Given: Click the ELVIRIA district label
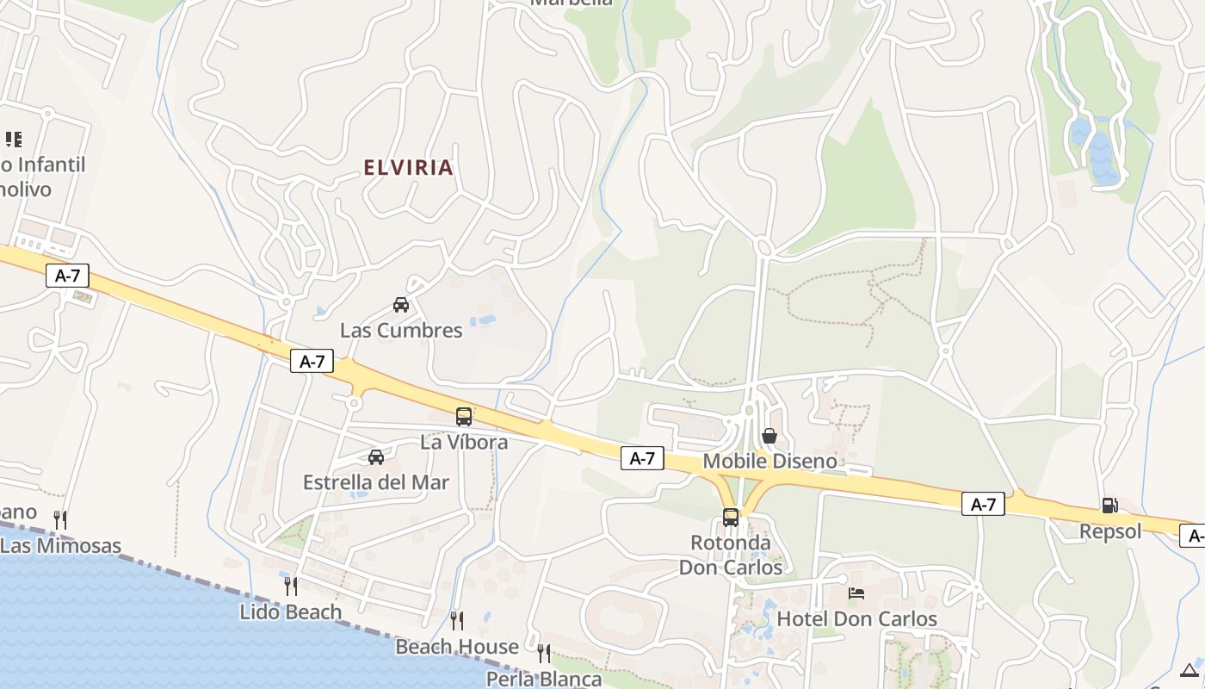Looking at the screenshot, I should coord(409,167).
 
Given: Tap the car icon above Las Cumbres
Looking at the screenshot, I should coord(401,304).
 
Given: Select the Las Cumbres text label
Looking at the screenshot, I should coord(401,330).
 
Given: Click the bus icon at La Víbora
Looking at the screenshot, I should coord(464,417).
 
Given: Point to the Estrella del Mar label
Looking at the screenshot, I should coord(376,482).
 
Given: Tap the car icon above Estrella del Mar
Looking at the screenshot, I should coord(376,456).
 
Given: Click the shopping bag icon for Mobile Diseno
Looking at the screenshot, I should coord(769,436).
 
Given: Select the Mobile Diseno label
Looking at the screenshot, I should coord(769,461).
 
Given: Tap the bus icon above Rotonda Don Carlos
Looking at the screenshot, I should coord(731,518).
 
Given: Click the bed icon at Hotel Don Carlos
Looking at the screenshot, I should coord(856,593).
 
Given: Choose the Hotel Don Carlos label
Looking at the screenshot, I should coord(856,618).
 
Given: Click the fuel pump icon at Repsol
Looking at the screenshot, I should coord(1110,506).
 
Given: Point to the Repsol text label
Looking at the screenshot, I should coord(1110,531).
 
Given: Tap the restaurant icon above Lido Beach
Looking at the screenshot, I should coord(291,587).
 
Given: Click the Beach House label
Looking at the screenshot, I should coord(457,646).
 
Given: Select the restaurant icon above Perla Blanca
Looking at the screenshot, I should coord(544,654).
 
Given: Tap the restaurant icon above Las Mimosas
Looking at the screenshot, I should coord(60,519).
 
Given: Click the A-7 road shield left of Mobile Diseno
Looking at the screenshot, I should coord(642,459).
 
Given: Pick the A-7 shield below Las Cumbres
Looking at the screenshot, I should coord(312,361).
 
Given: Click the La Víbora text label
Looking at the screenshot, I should coord(464,443).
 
